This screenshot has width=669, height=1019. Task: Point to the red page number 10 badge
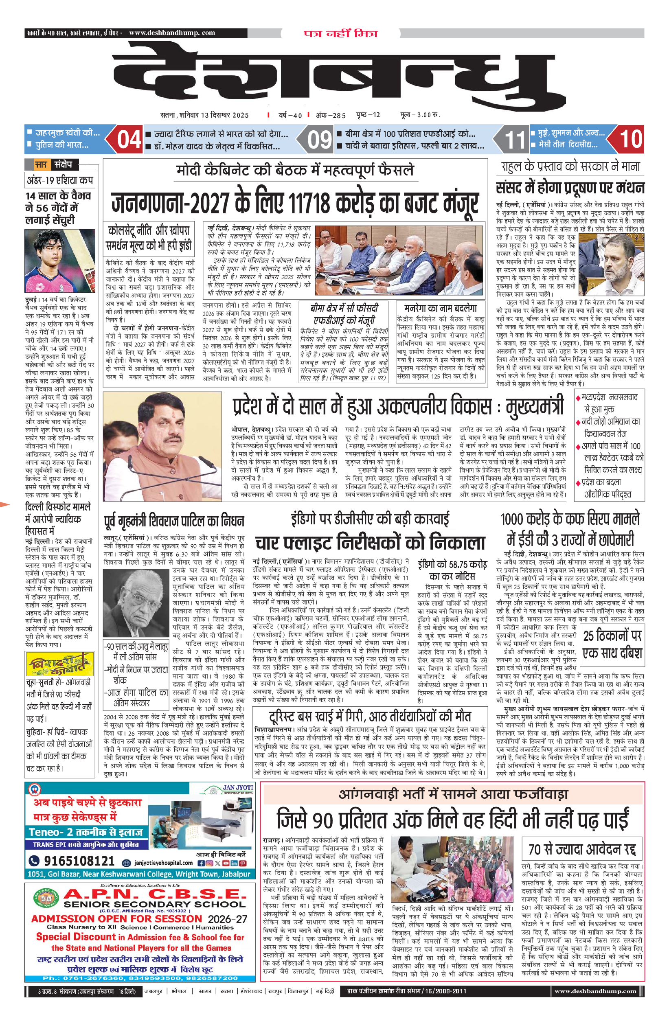[630, 139]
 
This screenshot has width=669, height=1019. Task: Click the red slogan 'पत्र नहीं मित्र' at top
[341, 33]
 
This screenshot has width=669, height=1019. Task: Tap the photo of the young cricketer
[59, 260]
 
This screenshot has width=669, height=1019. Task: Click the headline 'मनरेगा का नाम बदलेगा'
[440, 308]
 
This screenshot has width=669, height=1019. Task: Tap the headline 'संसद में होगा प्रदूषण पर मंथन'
[570, 188]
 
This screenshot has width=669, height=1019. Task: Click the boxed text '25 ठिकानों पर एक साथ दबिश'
[612, 644]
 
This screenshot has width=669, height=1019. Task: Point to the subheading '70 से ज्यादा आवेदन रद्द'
[582, 848]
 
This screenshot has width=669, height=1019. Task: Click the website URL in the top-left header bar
[172, 33]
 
